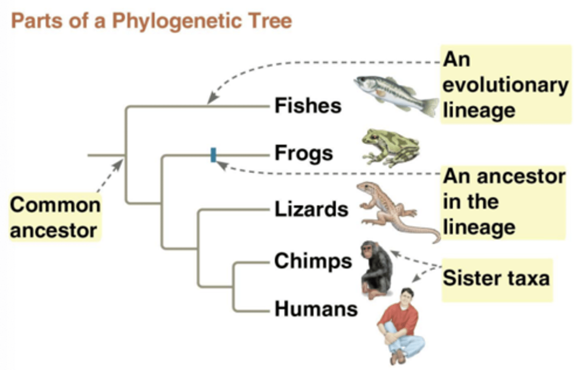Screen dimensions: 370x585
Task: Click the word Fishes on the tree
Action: pyautogui.click(x=308, y=106)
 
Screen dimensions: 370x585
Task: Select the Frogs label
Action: pyautogui.click(x=303, y=154)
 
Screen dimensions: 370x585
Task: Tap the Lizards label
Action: pyautogui.click(x=311, y=209)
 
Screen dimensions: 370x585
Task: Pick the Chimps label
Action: pyautogui.click(x=313, y=261)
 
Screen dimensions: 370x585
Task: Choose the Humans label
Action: pyautogui.click(x=316, y=309)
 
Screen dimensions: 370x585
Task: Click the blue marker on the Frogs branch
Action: pyautogui.click(x=213, y=155)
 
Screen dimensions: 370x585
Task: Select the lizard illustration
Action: pyautogui.click(x=390, y=211)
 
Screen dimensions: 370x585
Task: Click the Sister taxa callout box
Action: pyautogui.click(x=496, y=279)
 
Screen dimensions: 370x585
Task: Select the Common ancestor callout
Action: pyautogui.click(x=55, y=217)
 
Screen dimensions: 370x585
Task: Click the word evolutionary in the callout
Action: pyautogui.click(x=505, y=85)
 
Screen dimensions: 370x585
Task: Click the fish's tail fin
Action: pyautogui.click(x=431, y=106)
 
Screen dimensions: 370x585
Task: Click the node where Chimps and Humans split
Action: pyautogui.click(x=234, y=286)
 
